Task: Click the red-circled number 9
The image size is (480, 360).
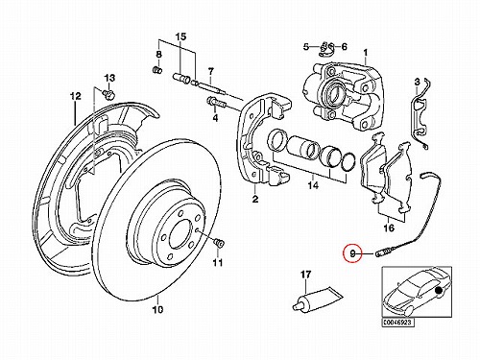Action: [x=352, y=254]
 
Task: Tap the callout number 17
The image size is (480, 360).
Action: [x=305, y=275]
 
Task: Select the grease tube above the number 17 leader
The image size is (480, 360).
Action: [x=318, y=300]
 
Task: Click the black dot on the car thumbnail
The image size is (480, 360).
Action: [x=440, y=290]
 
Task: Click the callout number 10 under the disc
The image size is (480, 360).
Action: [x=158, y=309]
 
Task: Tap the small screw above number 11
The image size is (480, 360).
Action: [x=219, y=243]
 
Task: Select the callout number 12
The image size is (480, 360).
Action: [x=76, y=96]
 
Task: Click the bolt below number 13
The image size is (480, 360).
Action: [x=109, y=94]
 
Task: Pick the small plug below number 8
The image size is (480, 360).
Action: [x=157, y=69]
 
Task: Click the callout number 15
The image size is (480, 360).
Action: [x=180, y=36]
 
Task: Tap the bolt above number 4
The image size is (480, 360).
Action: [x=216, y=103]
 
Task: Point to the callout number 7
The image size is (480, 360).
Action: [x=210, y=72]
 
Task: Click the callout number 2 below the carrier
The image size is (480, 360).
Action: [x=254, y=199]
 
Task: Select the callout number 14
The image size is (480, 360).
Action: [x=313, y=185]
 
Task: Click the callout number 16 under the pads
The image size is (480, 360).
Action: [x=389, y=228]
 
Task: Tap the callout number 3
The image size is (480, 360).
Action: [x=417, y=83]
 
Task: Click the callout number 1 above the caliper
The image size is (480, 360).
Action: [x=366, y=52]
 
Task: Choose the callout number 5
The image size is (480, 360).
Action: [x=306, y=47]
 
